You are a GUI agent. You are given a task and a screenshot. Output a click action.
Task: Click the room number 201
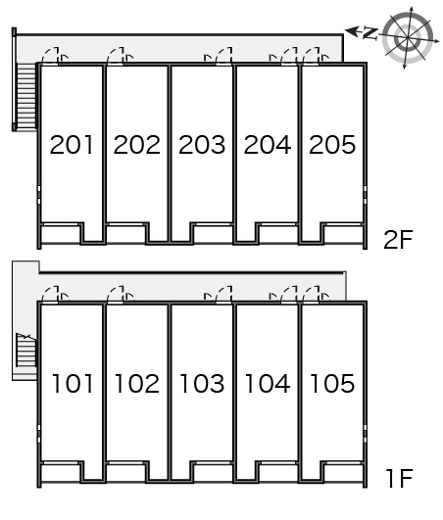tap(72, 145)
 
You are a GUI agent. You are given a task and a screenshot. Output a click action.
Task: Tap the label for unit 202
tap(136, 145)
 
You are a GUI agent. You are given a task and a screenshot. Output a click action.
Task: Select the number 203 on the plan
tap(202, 145)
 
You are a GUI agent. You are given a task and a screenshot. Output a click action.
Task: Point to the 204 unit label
tap(268, 145)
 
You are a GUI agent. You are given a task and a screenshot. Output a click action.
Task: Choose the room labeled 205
tap(332, 145)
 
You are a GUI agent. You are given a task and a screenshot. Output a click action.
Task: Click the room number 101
tap(73, 383)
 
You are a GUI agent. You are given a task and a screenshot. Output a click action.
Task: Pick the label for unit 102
tap(136, 383)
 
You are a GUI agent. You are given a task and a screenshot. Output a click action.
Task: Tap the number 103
tap(202, 383)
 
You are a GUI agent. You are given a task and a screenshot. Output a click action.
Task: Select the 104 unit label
tap(268, 383)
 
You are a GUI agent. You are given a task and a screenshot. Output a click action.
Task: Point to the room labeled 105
tap(332, 383)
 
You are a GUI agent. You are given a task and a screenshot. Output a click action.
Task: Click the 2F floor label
tap(398, 240)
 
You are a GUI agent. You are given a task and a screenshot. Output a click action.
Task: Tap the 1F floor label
tap(400, 478)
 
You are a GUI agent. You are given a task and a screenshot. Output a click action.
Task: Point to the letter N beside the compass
tap(370, 33)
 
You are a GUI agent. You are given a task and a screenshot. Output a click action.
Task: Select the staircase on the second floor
tap(25, 96)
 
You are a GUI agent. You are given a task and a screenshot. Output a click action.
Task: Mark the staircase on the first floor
tap(25, 350)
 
